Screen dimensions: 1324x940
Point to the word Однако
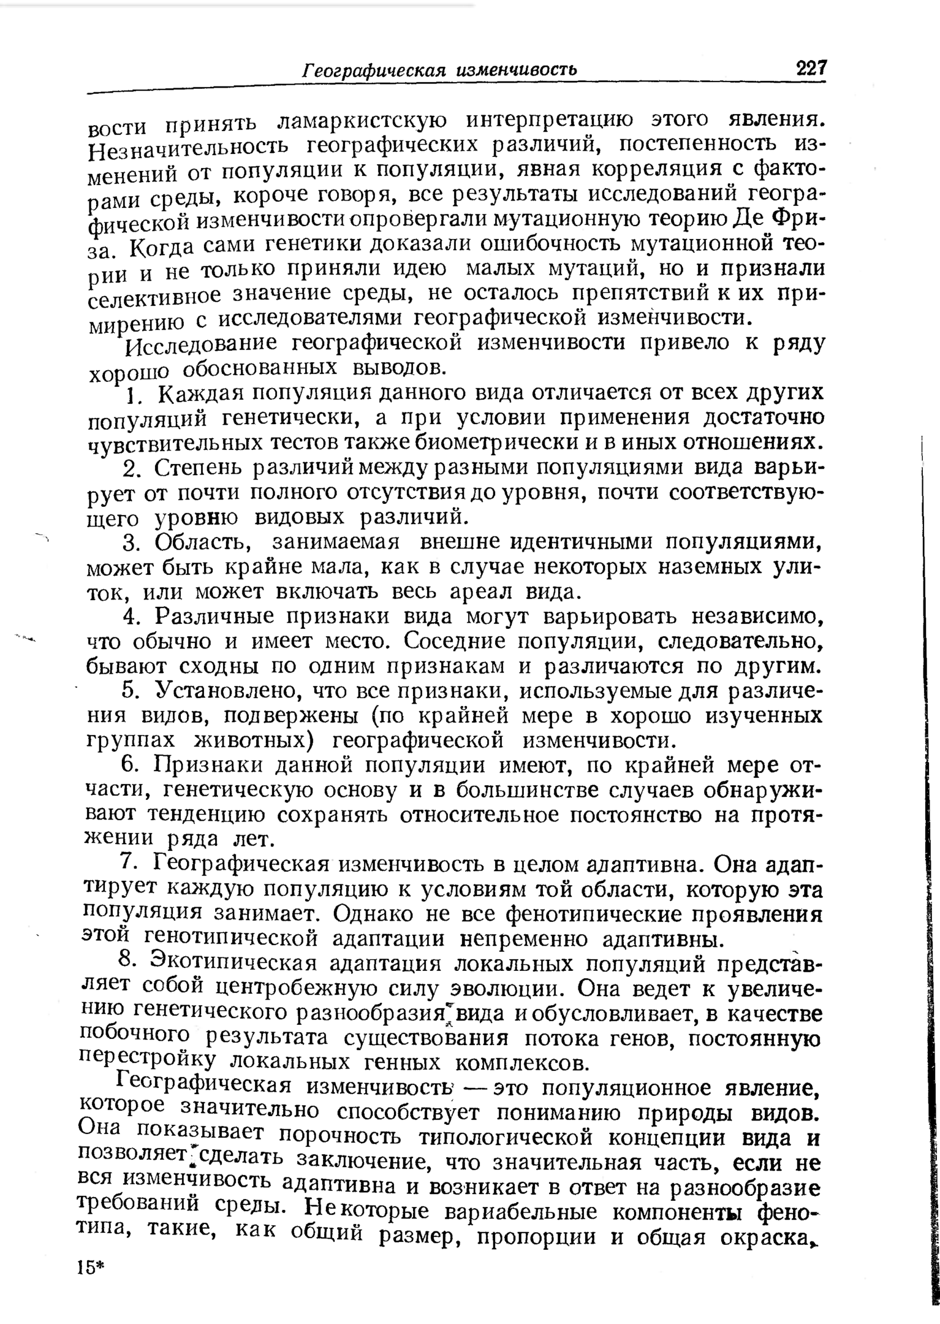(373, 914)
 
